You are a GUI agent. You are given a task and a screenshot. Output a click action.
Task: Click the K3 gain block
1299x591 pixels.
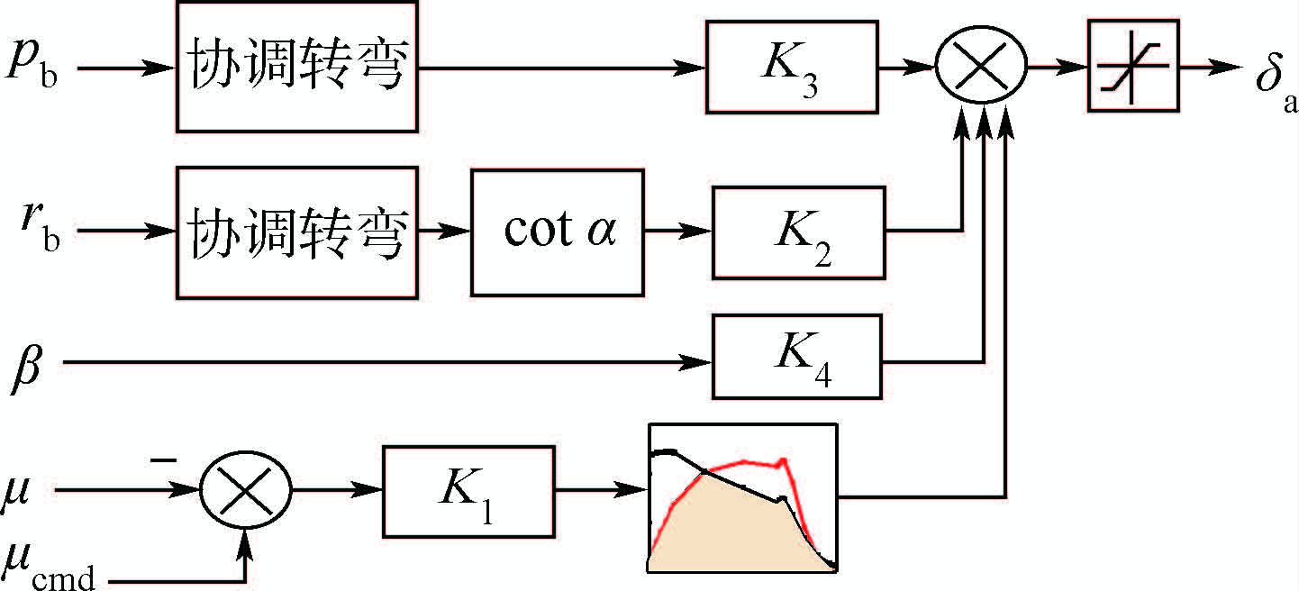pyautogui.click(x=791, y=67)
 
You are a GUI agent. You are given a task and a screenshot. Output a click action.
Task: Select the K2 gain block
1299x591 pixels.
pyautogui.click(x=798, y=232)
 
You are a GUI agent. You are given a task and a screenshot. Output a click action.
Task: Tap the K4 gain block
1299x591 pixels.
pyautogui.click(x=796, y=356)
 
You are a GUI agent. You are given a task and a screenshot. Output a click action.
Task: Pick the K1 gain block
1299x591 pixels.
pyautogui.click(x=468, y=491)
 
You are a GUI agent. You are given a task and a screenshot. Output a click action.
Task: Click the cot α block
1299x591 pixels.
pyautogui.click(x=559, y=232)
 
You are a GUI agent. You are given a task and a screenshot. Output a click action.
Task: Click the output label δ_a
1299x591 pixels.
pyautogui.click(x=1274, y=81)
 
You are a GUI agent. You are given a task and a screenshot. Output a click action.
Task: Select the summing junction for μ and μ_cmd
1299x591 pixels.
pyautogui.click(x=246, y=492)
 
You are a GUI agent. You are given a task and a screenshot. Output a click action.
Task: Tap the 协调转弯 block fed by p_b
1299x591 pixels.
pyautogui.click(x=296, y=66)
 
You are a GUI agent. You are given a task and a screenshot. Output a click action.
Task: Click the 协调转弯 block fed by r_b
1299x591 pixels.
pyautogui.click(x=296, y=232)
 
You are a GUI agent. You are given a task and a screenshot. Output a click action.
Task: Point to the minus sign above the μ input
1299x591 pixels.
pyautogui.click(x=163, y=460)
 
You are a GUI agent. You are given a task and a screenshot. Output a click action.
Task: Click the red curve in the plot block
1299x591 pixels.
pyautogui.click(x=739, y=462)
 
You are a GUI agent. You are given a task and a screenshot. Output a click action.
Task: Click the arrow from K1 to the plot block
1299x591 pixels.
pyautogui.click(x=601, y=491)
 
